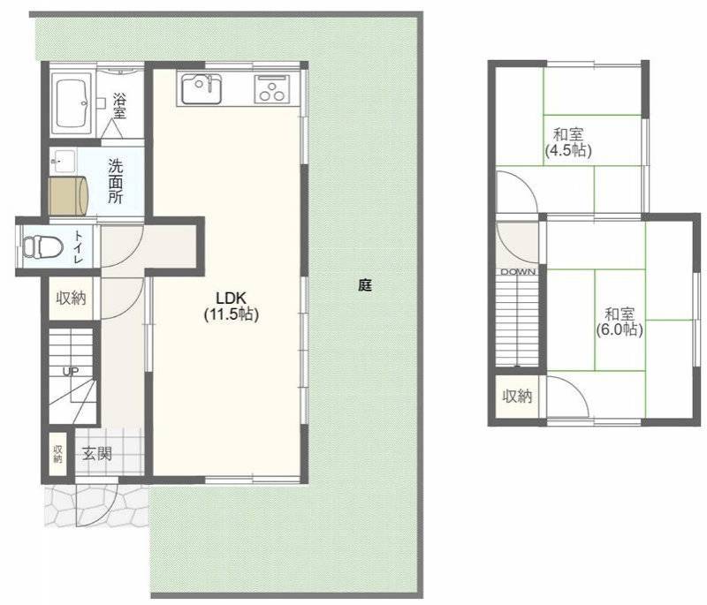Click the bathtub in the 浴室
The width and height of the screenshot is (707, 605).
tap(72, 104)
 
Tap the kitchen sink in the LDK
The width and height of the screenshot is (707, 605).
tap(201, 88)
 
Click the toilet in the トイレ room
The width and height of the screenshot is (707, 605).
tap(42, 247)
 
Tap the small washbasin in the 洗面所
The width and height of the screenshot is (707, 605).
tap(63, 161)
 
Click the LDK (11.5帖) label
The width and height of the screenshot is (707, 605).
tap(232, 306)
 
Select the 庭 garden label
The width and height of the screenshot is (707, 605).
tap(365, 284)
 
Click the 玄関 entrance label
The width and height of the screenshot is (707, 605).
tap(96, 453)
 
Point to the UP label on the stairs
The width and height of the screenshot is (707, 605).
tap(71, 372)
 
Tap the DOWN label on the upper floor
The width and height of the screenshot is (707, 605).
tap(518, 272)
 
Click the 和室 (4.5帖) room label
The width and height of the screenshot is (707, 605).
tap(568, 142)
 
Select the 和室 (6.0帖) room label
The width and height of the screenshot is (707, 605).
tap(620, 321)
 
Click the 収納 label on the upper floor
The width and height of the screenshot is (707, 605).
tap(518, 396)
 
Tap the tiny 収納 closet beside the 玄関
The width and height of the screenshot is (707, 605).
tap(58, 454)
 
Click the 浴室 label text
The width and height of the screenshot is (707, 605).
tap(119, 106)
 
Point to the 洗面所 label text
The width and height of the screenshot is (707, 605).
tap(115, 181)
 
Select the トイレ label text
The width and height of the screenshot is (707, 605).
tap(79, 247)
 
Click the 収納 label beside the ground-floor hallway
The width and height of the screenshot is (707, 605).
tap(71, 298)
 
